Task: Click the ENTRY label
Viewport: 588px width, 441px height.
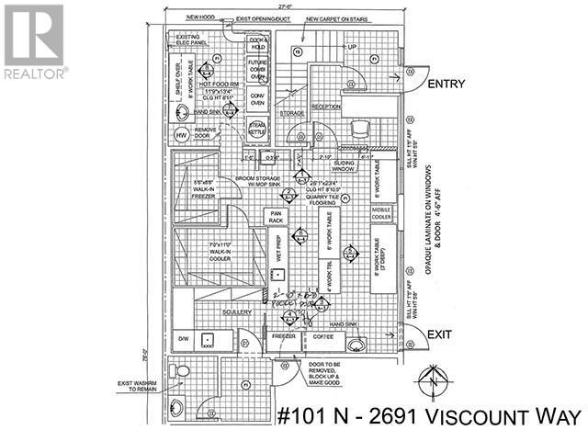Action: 447,84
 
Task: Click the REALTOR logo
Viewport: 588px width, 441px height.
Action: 34,41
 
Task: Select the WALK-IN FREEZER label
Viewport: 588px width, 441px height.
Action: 197,190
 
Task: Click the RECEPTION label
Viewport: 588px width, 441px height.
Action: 326,107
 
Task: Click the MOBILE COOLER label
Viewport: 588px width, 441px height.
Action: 381,214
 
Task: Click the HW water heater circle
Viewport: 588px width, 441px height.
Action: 182,136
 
